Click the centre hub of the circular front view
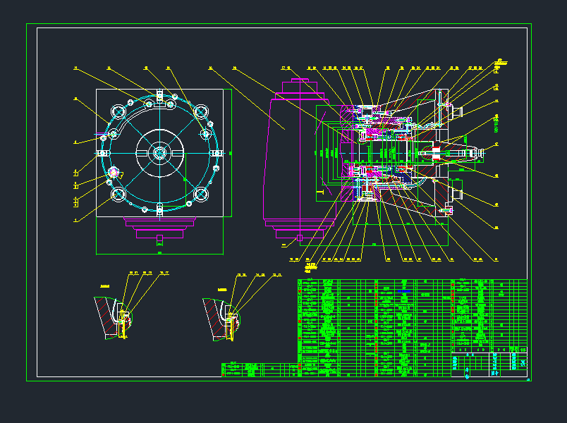pos(159,152)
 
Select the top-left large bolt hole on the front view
pos(118,113)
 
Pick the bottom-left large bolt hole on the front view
pos(118,194)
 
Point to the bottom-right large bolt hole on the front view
pos(201,193)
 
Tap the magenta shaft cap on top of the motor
pos(300,87)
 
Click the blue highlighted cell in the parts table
pos(403,290)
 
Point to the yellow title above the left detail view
pos(106,286)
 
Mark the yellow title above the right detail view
pos(222,289)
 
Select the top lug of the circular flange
pos(160,96)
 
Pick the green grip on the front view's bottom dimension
pos(159,252)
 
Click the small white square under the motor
pos(299,238)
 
